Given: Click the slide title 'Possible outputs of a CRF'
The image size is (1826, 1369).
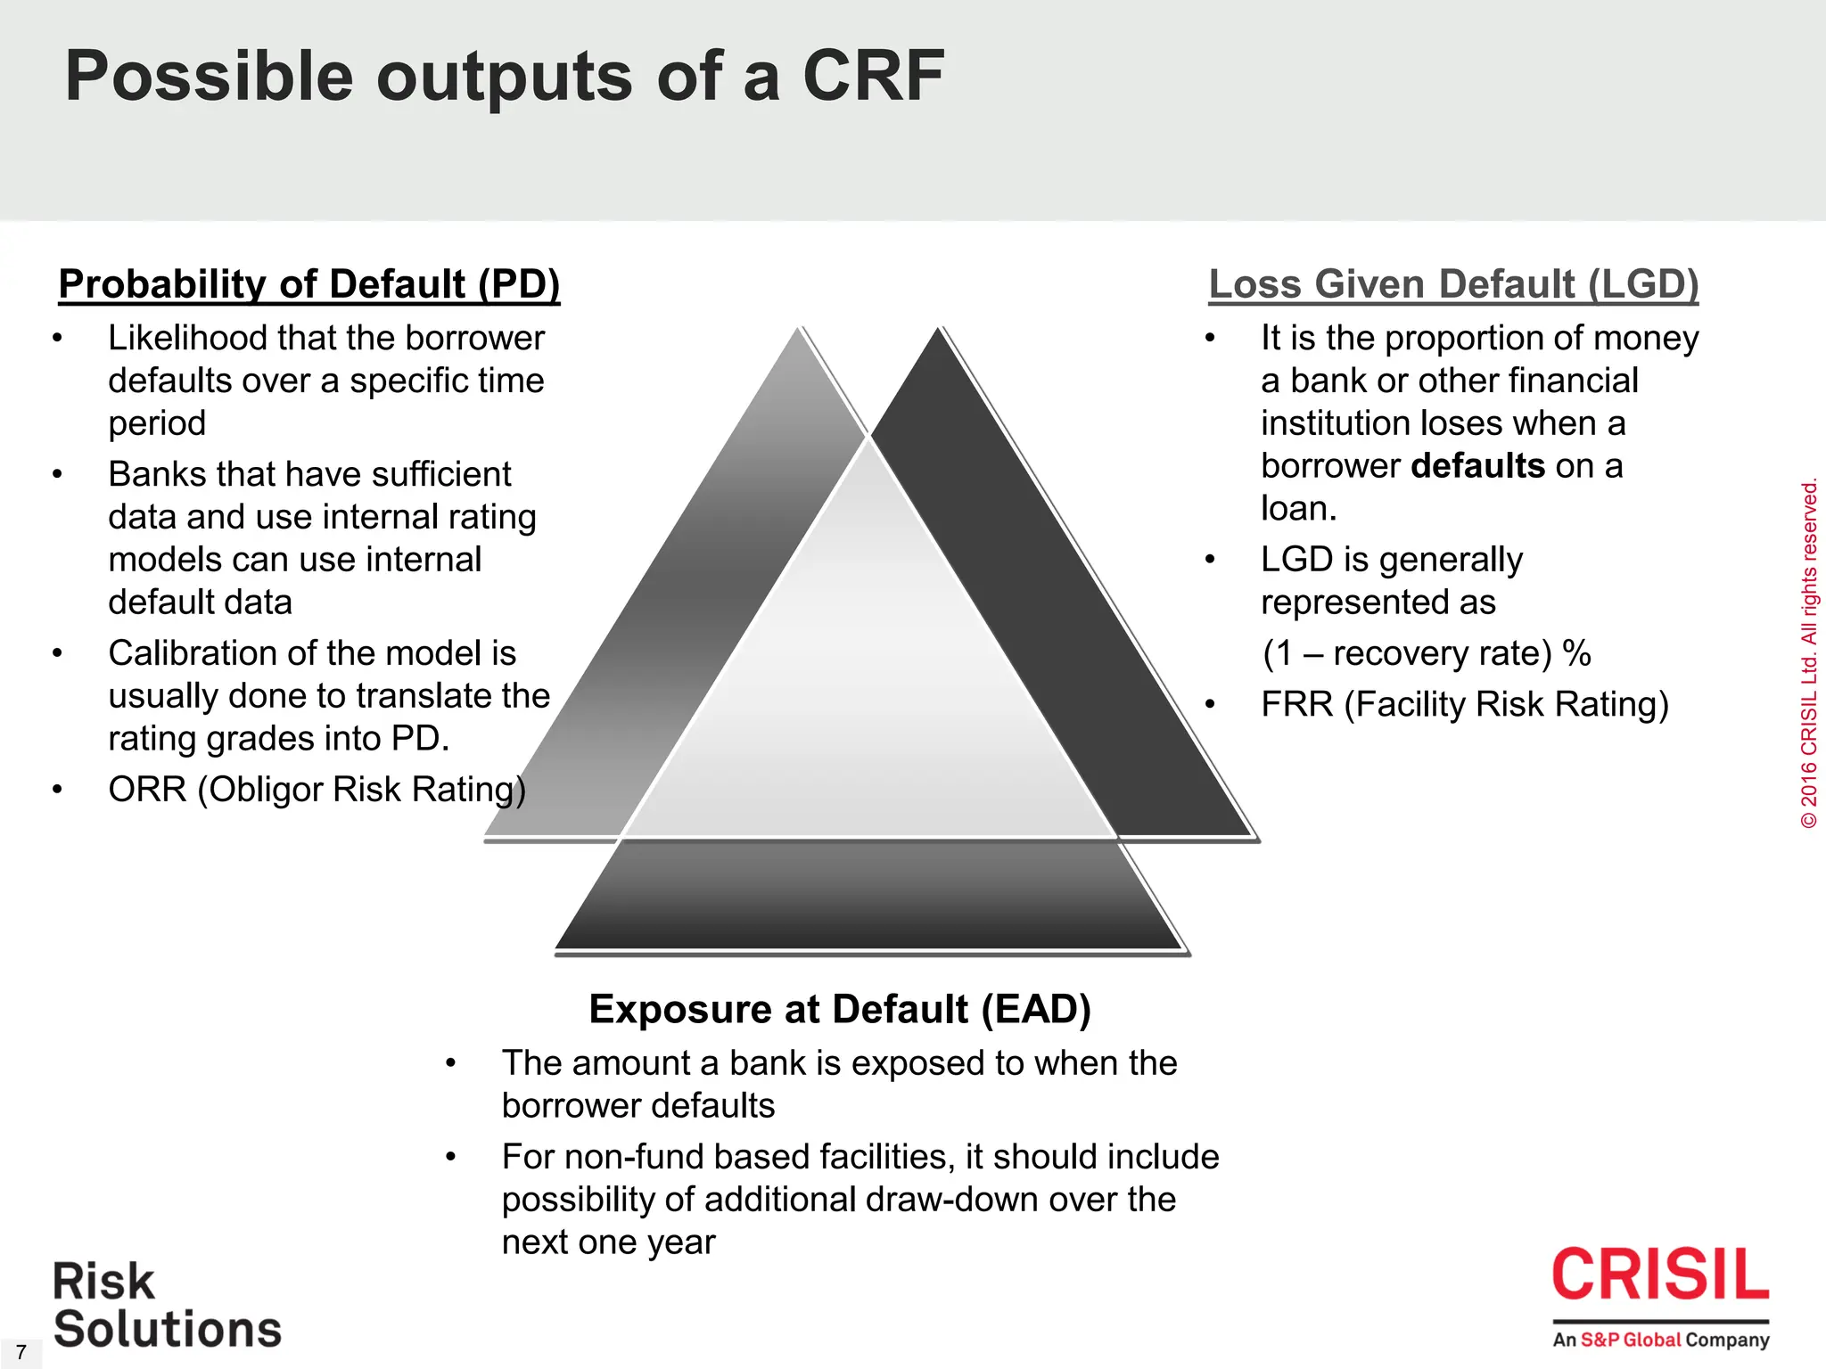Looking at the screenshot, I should click(x=504, y=77).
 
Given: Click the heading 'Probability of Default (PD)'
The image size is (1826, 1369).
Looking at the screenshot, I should click(x=308, y=284).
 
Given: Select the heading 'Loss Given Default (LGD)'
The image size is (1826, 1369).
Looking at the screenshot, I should click(x=1453, y=284).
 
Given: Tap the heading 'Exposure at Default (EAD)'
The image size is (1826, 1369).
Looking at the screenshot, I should click(x=840, y=1009).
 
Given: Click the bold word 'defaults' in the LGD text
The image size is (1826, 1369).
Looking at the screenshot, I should click(x=1478, y=466).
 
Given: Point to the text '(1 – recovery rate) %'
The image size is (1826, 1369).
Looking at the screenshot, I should click(x=1427, y=653).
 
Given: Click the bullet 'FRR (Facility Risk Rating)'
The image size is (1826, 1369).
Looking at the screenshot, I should click(x=1464, y=704).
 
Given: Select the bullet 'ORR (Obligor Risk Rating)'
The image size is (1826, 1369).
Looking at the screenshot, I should click(x=317, y=790).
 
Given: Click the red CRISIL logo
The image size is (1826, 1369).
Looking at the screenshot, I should click(x=1660, y=1275).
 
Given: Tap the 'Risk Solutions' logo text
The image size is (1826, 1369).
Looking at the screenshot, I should click(x=167, y=1306).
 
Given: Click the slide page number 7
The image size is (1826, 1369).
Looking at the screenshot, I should click(x=21, y=1352).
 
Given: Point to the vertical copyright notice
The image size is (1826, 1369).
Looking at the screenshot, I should click(x=1809, y=655).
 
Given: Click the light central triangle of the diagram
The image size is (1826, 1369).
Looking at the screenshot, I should click(x=869, y=677).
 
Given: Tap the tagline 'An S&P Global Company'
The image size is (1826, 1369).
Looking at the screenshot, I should click(x=1660, y=1340).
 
